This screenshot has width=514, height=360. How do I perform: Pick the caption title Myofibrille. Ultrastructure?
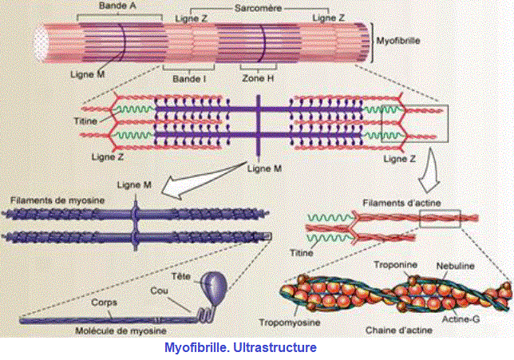point(240,348)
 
